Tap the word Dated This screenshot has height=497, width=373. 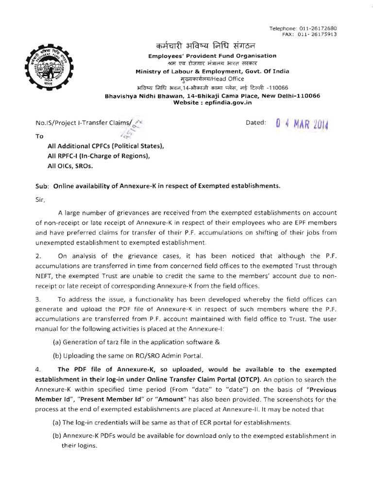pyautogui.click(x=256, y=123)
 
